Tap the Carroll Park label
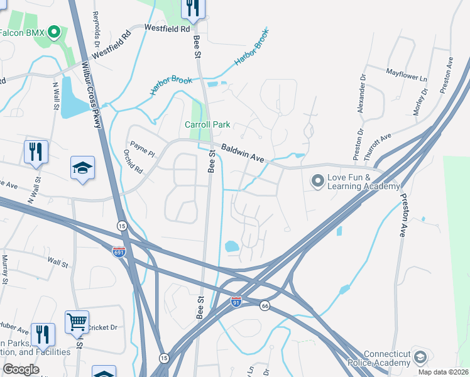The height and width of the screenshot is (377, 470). (x=207, y=124)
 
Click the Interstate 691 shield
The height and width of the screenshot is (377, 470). (x=119, y=252)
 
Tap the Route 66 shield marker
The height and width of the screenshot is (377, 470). (x=265, y=305)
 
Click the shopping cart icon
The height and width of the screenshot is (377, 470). (x=77, y=322)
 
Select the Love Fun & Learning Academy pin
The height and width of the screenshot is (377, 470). (x=318, y=182)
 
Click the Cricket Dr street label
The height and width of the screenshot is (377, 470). (x=105, y=327)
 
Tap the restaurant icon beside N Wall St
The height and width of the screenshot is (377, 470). (x=35, y=152)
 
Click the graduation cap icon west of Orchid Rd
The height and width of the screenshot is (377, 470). (x=82, y=168)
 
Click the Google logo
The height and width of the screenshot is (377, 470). (x=21, y=370)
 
